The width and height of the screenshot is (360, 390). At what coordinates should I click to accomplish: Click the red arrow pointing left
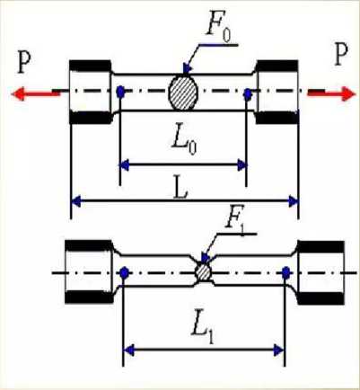[x=35, y=93]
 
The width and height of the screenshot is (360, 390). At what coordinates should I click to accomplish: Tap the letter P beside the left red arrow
[x=23, y=62]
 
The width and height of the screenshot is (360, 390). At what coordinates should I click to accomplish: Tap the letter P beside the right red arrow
[x=341, y=55]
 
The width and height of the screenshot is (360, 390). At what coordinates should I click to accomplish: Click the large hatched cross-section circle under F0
[x=183, y=93]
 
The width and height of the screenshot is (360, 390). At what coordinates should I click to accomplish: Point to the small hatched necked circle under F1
[x=203, y=272]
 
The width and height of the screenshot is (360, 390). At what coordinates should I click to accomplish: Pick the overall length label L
[x=180, y=190]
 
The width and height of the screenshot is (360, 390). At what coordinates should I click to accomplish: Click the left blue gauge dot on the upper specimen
[x=120, y=91]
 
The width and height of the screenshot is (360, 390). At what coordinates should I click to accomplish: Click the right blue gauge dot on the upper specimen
[x=248, y=94]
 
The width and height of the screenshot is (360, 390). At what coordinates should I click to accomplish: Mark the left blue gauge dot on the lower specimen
[x=124, y=272]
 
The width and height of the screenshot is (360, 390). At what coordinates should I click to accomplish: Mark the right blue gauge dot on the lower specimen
[x=286, y=271]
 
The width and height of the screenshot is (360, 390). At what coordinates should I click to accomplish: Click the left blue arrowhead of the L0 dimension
[x=124, y=165]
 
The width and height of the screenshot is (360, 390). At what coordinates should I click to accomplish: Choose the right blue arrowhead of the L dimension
[x=294, y=201]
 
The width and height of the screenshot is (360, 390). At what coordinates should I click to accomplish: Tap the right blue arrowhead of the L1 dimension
[x=279, y=350]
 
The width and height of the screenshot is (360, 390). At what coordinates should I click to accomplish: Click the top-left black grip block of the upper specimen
[x=90, y=66]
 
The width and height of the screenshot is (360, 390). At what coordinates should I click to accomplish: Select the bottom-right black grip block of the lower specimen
[x=321, y=298]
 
